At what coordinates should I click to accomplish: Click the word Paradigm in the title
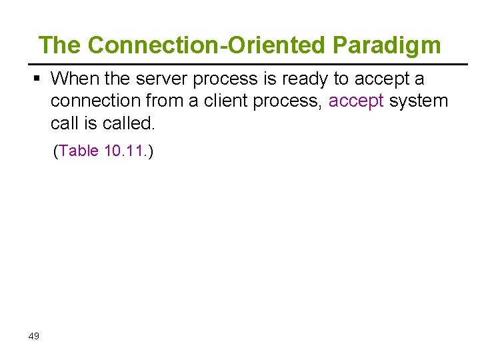point(387,46)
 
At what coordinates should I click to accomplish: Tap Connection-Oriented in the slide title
point(207,46)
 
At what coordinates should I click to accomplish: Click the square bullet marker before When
point(37,79)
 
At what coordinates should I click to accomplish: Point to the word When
point(75,79)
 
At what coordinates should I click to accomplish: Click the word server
point(161,79)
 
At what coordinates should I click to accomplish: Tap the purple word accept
point(356,101)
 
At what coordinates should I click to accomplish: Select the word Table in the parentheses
point(79,151)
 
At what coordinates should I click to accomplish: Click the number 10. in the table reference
point(113,151)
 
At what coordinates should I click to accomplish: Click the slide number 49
point(34,336)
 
